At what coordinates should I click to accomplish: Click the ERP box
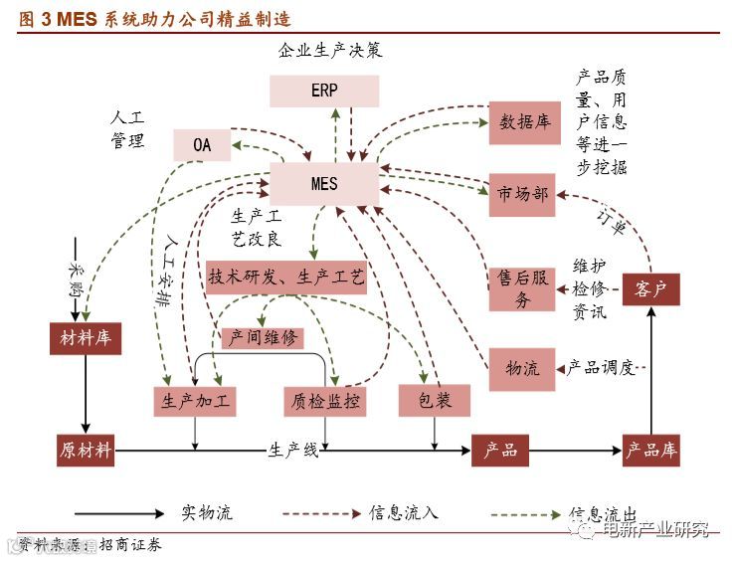(x=324, y=91)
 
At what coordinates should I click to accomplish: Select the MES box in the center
(x=324, y=184)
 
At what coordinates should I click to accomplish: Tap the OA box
(x=202, y=145)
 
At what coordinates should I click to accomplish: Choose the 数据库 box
(x=524, y=122)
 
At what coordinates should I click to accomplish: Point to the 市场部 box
(x=522, y=194)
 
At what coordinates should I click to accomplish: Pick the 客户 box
(x=651, y=289)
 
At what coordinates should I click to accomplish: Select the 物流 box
(x=522, y=368)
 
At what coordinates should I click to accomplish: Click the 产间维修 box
(x=263, y=337)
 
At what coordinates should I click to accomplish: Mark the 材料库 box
(x=86, y=338)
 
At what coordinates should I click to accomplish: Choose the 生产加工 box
(x=196, y=401)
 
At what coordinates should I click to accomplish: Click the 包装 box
(x=434, y=400)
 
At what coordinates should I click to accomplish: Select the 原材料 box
(x=86, y=450)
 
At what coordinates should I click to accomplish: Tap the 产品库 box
(x=651, y=450)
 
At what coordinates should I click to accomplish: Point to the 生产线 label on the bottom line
(x=293, y=451)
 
